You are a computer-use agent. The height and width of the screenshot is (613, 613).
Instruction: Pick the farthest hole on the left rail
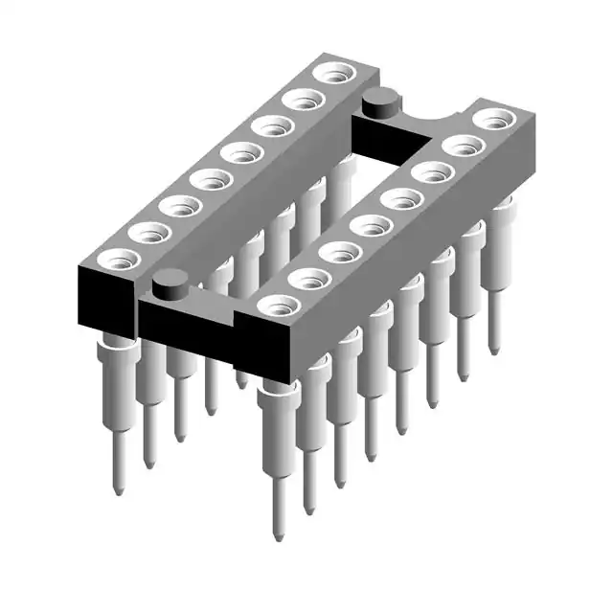tap(334, 73)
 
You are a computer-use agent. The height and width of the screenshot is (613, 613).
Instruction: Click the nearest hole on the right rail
tap(279, 306)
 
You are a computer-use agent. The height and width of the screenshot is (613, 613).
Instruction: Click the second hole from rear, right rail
tap(464, 147)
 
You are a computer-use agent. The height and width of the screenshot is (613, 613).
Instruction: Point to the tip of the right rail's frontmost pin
tap(278, 537)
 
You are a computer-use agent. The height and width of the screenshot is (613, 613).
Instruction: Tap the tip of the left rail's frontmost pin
tap(117, 490)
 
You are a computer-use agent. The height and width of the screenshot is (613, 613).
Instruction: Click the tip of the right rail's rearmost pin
tap(495, 351)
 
